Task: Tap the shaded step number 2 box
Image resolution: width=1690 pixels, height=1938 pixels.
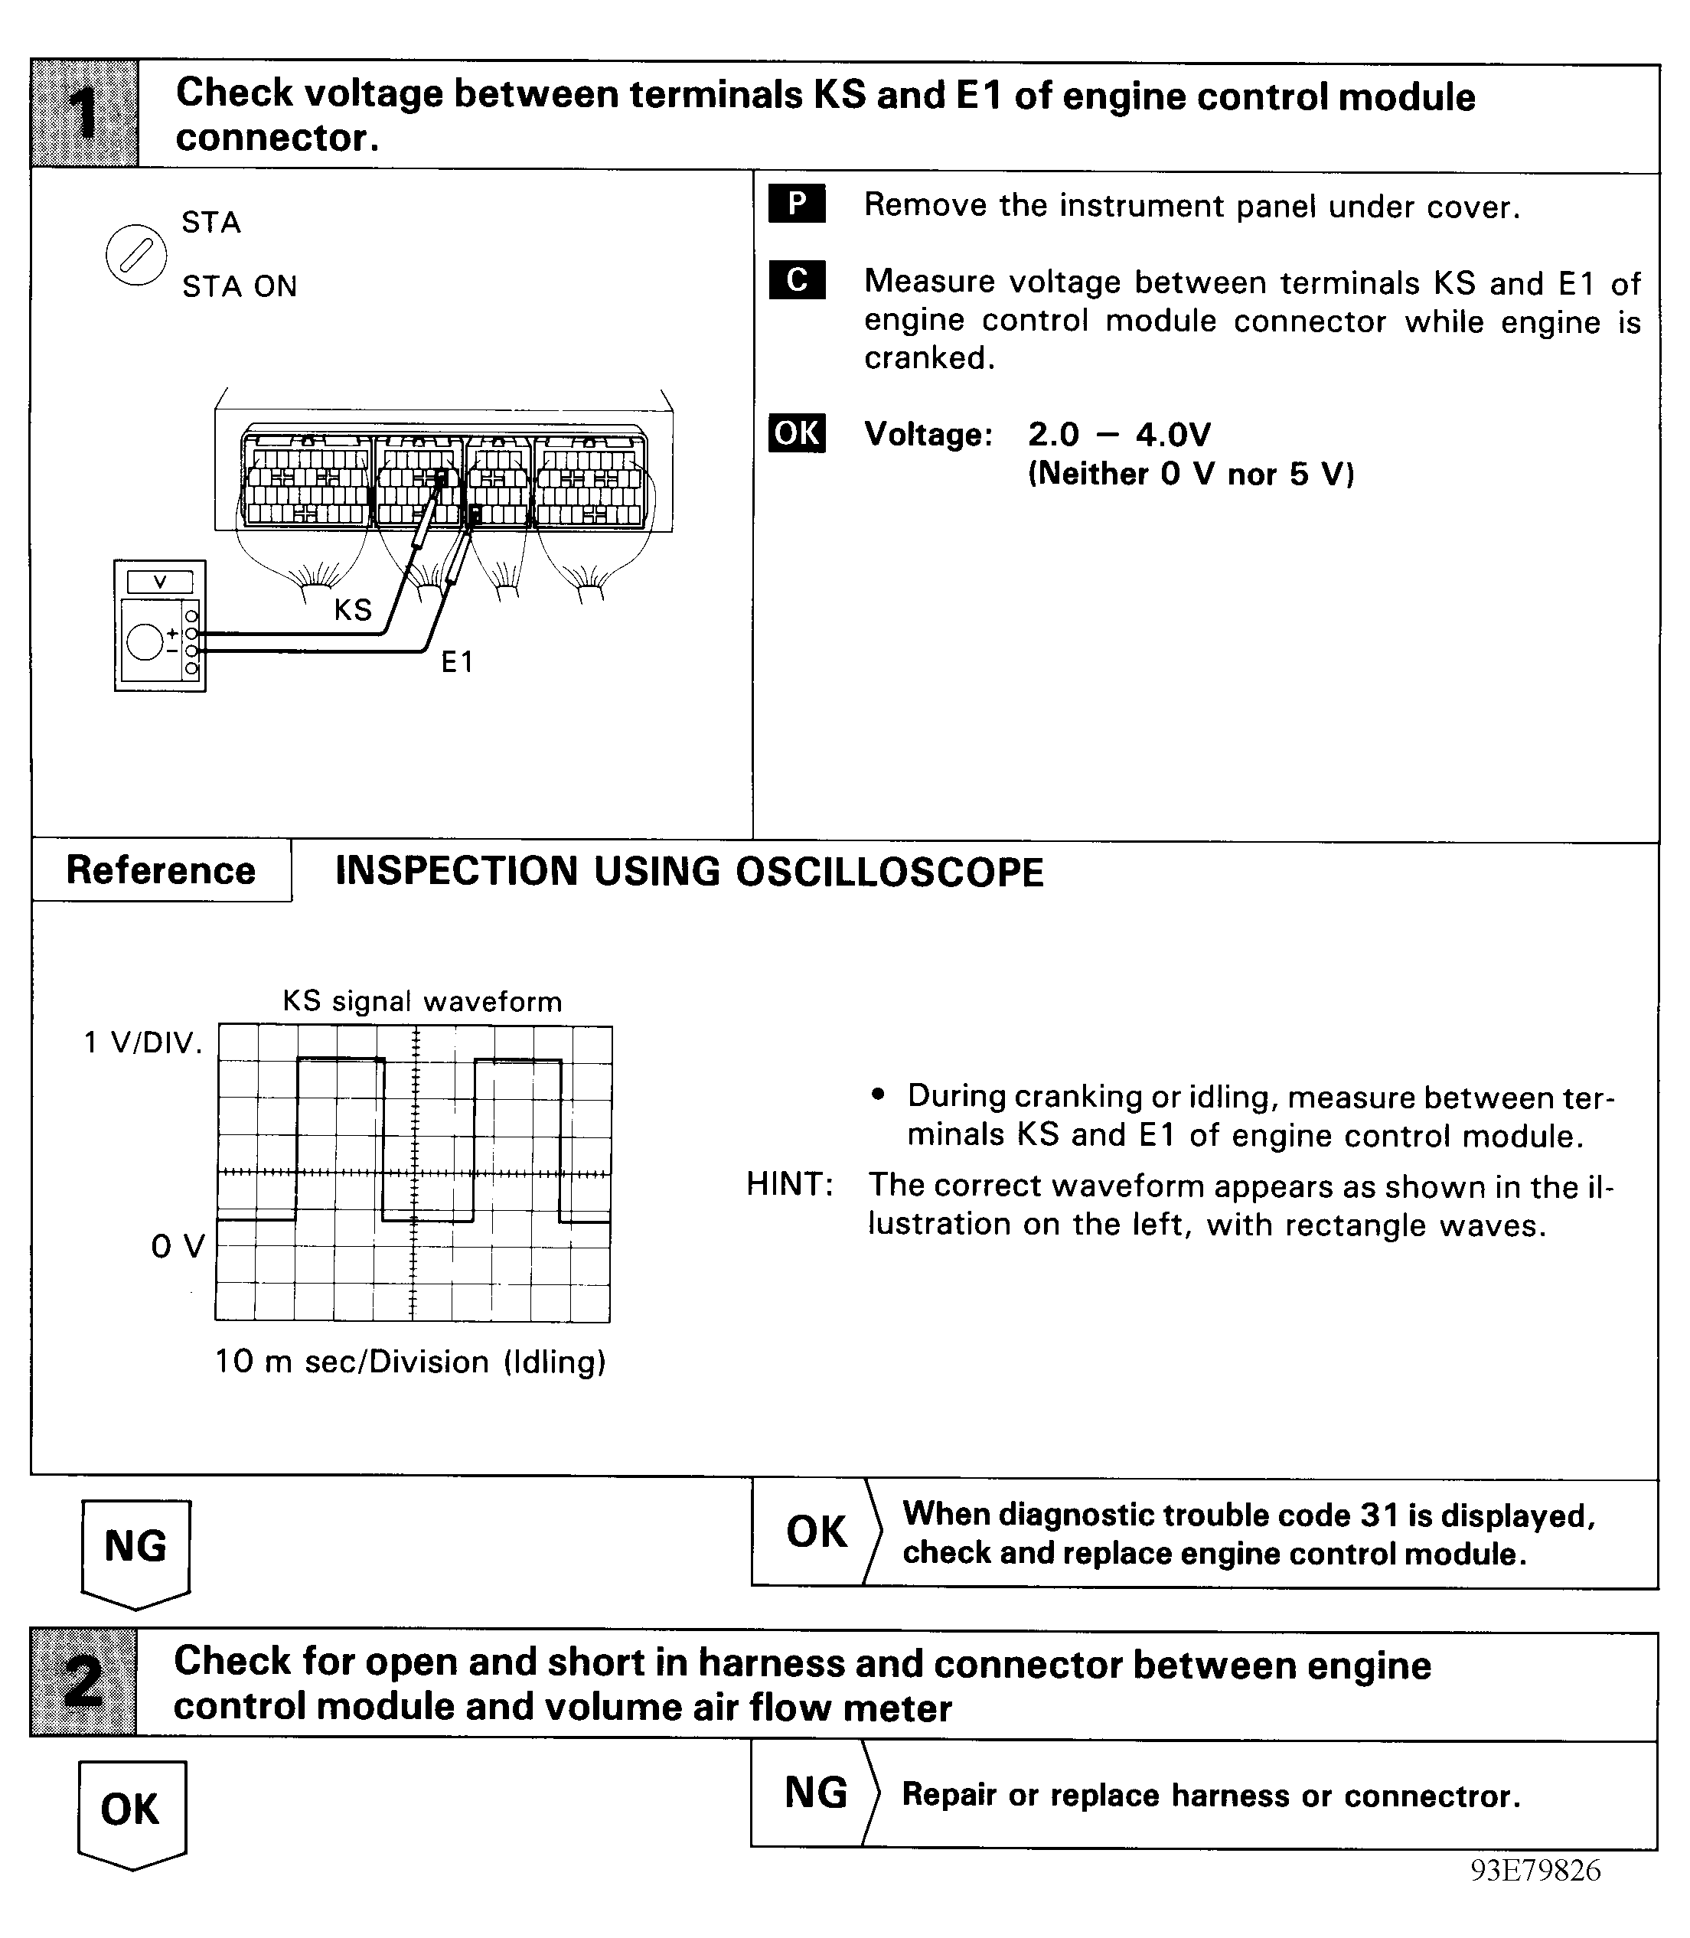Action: pyautogui.click(x=84, y=1682)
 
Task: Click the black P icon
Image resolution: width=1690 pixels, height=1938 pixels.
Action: pyautogui.click(x=796, y=204)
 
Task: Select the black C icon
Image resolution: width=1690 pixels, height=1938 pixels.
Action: pyautogui.click(x=796, y=280)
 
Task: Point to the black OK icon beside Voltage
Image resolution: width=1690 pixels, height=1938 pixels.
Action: pyautogui.click(x=796, y=433)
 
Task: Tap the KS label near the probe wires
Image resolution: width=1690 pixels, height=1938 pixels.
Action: pyautogui.click(x=353, y=610)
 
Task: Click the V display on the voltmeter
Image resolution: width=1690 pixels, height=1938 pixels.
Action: pyautogui.click(x=159, y=582)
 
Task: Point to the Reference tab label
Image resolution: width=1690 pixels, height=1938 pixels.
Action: pyautogui.click(x=160, y=870)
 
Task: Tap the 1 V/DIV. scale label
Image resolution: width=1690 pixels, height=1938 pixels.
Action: pyautogui.click(x=142, y=1042)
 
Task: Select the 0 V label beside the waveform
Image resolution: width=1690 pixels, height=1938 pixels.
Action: pyautogui.click(x=178, y=1246)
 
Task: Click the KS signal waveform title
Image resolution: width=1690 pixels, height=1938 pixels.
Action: pyautogui.click(x=422, y=1000)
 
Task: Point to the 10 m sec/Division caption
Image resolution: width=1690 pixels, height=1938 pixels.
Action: pyautogui.click(x=410, y=1362)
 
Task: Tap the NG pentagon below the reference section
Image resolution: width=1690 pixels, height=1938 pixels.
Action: pyautogui.click(x=135, y=1548)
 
